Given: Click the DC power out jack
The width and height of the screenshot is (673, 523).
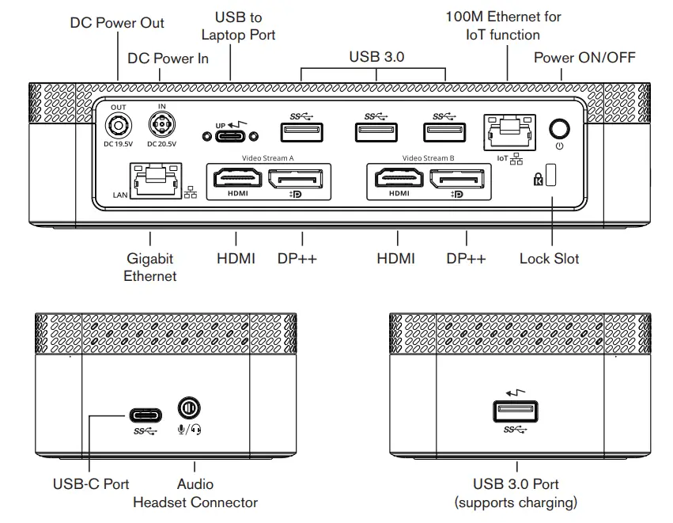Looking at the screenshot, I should click(119, 125).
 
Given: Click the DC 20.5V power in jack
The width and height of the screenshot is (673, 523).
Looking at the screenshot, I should click(161, 125).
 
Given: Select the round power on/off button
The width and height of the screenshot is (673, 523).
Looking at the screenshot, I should click(560, 129).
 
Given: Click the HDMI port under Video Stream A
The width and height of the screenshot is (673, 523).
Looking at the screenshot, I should click(235, 180).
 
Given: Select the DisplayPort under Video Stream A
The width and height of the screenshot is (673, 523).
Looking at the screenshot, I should click(301, 180).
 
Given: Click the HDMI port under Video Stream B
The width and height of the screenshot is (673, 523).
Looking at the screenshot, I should click(398, 180).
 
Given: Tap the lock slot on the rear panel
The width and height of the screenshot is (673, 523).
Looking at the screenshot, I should click(550, 176).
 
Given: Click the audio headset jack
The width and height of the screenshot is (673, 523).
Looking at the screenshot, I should click(189, 409).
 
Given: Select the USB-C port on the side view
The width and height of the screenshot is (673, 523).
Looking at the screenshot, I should click(146, 415).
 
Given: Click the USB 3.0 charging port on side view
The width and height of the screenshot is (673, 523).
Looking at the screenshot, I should click(516, 412).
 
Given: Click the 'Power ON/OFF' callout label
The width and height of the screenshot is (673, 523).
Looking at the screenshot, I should click(584, 57).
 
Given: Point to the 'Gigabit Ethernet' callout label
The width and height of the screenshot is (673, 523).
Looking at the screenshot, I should click(150, 267).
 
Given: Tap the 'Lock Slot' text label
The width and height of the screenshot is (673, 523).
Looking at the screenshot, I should click(549, 259).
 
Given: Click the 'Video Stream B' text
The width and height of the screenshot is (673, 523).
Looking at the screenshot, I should click(428, 158).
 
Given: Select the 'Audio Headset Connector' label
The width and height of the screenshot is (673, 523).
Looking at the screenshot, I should click(195, 493).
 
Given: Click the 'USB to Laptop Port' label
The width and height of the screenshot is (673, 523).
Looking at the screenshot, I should click(238, 25).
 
